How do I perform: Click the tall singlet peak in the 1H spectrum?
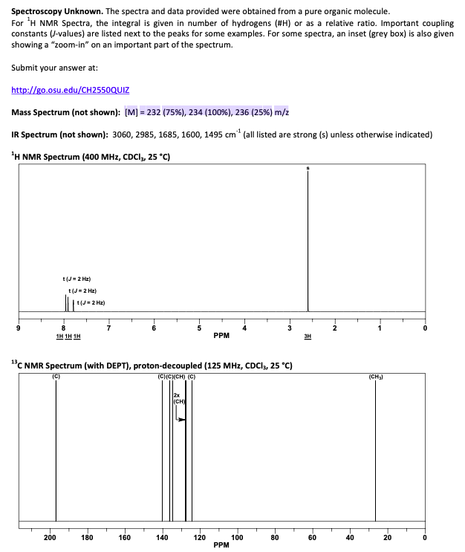[x=308, y=238]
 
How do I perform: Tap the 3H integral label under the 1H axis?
[x=308, y=336]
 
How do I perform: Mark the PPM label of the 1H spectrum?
[x=221, y=335]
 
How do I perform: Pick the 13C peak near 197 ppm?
[x=56, y=446]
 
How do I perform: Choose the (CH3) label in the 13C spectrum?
[x=376, y=376]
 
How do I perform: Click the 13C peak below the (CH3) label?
[x=376, y=446]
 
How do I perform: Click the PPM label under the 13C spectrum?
[x=221, y=545]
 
